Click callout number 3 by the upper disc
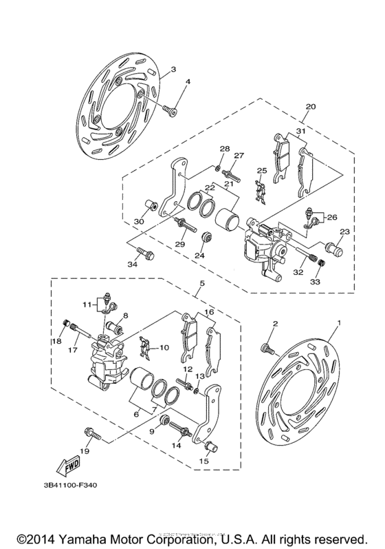[x=173, y=70]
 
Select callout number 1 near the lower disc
[x=338, y=323]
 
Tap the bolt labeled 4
[x=170, y=110]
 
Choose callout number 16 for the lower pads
[x=208, y=312]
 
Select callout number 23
[x=344, y=231]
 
